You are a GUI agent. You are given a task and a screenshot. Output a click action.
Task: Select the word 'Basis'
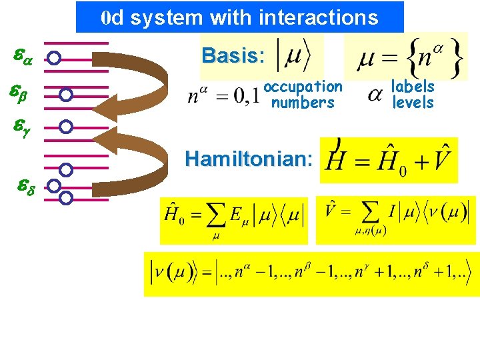tap(229, 55)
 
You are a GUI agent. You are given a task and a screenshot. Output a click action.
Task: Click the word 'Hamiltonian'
tap(246, 159)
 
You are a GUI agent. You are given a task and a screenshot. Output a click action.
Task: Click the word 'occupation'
tap(303, 87)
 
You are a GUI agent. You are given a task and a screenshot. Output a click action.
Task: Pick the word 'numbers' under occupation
tap(303, 103)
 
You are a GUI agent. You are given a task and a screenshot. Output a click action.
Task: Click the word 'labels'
tap(413, 87)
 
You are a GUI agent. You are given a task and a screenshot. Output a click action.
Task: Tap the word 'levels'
tap(413, 103)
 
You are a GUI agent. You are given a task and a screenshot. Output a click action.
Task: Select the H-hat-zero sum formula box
tap(233, 220)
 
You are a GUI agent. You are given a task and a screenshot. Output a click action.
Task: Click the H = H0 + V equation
tap(389, 160)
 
